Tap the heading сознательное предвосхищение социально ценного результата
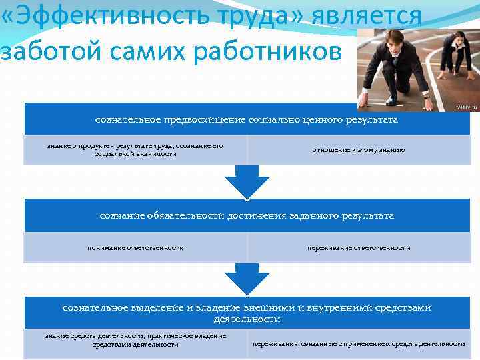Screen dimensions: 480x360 pos(247,119)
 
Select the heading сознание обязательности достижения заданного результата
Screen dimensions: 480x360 pos(247,215)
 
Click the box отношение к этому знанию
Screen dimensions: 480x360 pos(359,150)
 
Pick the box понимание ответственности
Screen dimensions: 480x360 pos(135,247)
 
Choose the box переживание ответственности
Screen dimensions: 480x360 pos(359,247)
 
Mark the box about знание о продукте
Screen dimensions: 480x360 pos(135,149)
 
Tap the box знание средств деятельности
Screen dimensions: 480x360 pos(135,340)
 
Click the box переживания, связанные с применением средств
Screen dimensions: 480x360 pos(359,344)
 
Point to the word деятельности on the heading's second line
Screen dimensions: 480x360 pos(247,319)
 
